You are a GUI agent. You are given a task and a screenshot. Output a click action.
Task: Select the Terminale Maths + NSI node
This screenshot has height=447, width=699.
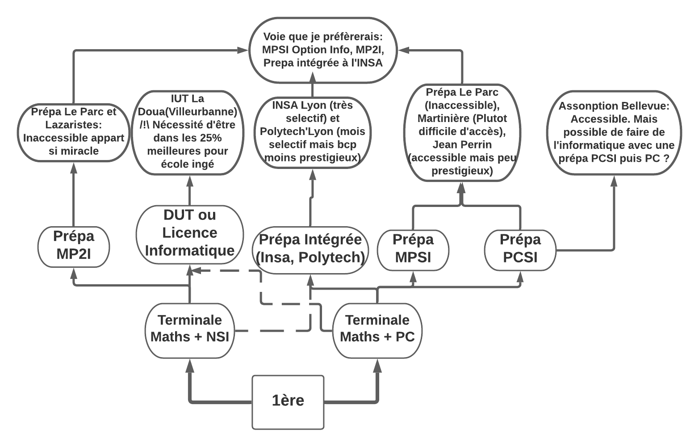pos(190,330)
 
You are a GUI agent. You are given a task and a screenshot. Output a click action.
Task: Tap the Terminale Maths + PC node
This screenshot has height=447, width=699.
pos(377,330)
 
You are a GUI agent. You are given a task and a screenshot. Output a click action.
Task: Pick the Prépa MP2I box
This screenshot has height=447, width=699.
pos(74,247)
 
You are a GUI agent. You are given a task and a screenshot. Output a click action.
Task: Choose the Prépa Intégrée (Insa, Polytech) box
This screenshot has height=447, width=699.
pos(310,249)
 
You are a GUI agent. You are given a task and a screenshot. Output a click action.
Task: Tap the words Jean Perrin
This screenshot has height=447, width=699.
pos(462,145)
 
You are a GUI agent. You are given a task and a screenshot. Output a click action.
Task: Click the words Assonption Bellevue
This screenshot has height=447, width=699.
pos(614,106)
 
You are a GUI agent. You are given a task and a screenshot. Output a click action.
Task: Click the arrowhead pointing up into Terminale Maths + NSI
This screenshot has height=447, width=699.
pos(190,366)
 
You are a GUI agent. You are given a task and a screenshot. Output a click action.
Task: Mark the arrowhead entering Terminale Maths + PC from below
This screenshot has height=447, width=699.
pos(377,366)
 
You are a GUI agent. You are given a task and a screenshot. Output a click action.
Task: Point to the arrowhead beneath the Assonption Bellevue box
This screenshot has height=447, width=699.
pos(614,181)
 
